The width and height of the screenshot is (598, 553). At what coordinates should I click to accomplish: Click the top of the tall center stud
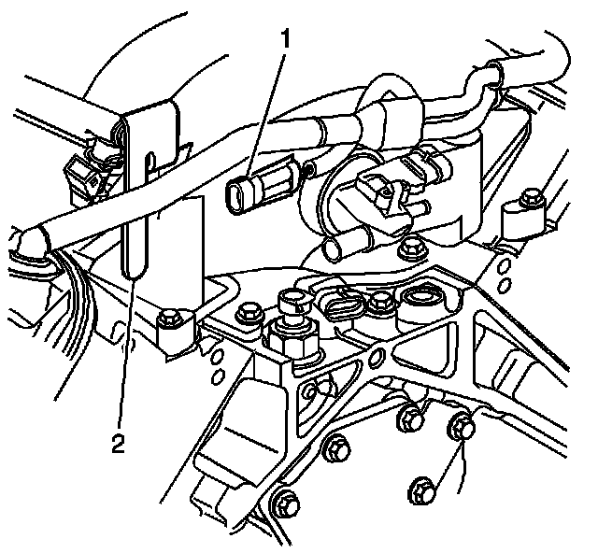pyautogui.click(x=292, y=301)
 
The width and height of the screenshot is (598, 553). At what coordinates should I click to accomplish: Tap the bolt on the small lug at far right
pyautogui.click(x=532, y=198)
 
